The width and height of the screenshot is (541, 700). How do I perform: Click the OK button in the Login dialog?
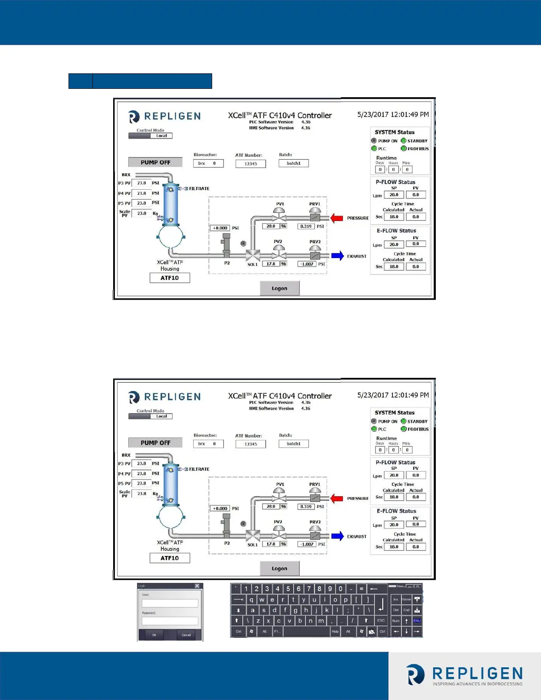point(154,635)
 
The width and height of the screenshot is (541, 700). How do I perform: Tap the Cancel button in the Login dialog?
point(186,635)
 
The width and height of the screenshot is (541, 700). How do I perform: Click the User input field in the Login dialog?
point(170,603)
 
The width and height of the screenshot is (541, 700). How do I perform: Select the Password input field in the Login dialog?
point(170,621)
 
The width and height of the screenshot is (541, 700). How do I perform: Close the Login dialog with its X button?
point(197,586)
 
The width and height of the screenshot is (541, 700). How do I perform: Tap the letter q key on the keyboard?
point(251,600)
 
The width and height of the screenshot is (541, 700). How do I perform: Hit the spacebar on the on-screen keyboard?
point(306,632)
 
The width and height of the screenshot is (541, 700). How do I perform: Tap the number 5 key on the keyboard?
point(288,589)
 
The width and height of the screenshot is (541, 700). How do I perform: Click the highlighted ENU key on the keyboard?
point(417,620)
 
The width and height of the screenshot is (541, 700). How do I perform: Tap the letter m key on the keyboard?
point(321,620)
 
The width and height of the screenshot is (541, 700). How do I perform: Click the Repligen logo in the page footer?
point(465,675)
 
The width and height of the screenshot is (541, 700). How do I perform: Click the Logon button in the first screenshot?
point(279,288)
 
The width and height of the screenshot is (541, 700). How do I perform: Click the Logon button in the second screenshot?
point(279,568)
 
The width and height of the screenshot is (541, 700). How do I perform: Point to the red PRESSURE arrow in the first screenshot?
point(337,218)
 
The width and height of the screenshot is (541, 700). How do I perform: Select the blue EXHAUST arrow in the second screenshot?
point(337,536)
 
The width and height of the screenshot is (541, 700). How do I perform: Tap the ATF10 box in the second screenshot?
point(170,558)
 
